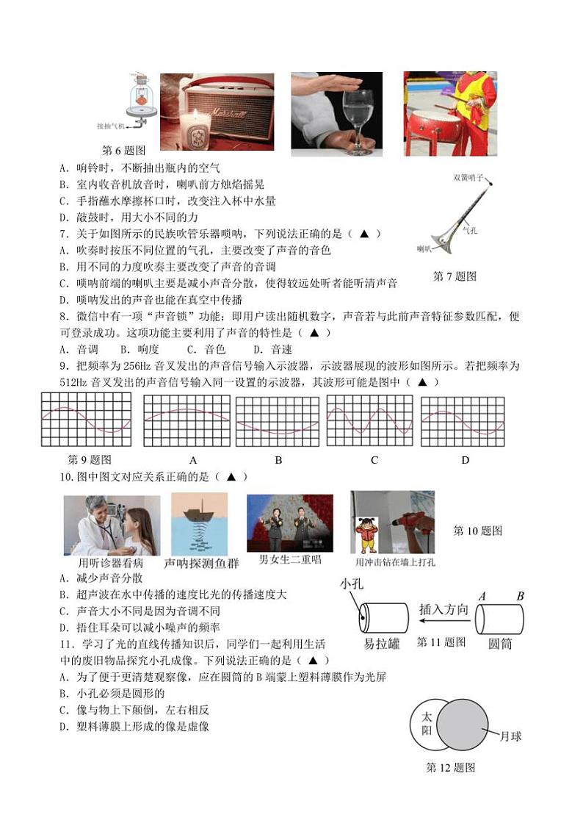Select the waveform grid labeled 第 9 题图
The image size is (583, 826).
click(x=86, y=420)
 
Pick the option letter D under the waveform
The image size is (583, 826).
click(x=465, y=460)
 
